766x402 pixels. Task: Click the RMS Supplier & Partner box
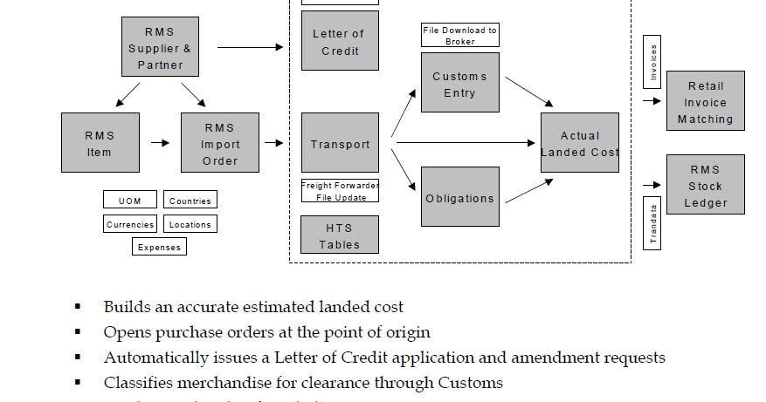160,48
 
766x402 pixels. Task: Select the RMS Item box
99,142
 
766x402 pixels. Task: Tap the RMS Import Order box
220,142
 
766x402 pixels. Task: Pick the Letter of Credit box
340,41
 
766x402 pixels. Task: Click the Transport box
340,142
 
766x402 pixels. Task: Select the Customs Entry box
459,83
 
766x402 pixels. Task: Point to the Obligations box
459,197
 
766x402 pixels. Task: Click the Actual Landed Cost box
580,142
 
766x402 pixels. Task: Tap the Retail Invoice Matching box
705,101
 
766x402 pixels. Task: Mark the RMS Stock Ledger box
705,184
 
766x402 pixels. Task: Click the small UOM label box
129,201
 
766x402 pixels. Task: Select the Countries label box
190,201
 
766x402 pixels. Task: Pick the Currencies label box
130,224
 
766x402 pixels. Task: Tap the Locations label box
190,224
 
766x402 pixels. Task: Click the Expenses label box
160,247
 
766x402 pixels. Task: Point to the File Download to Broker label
459,36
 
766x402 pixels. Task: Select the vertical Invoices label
652,62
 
